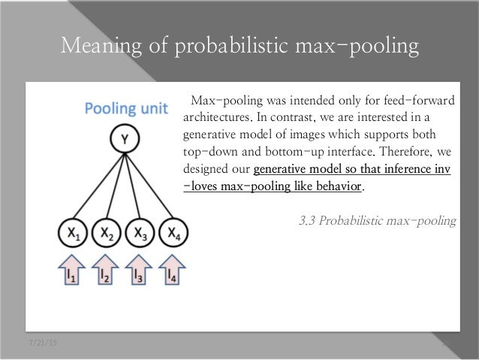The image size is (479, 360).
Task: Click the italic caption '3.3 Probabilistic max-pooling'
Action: [378, 221]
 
